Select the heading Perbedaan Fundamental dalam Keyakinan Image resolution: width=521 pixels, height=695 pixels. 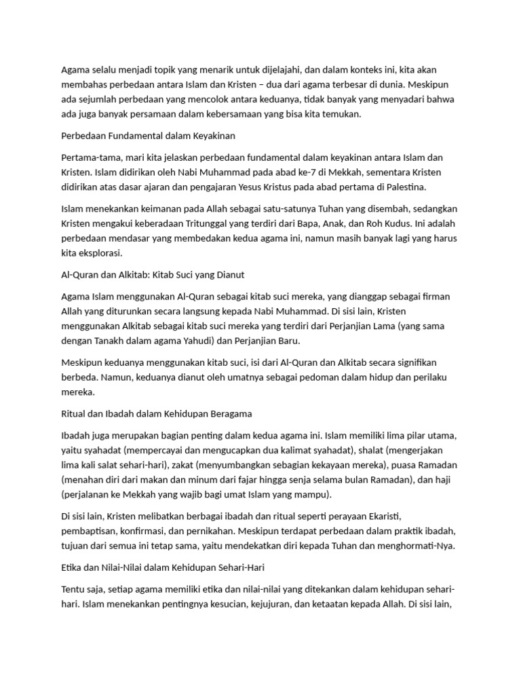148,135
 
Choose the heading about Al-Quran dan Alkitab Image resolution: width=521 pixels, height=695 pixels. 153,275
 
